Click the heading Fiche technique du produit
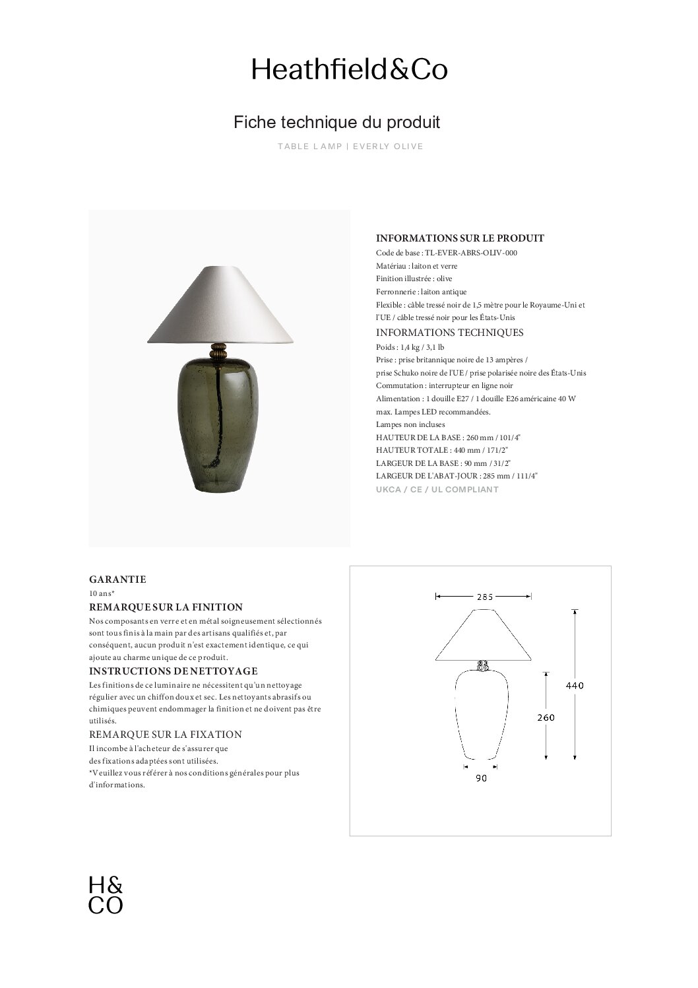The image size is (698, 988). tap(336, 122)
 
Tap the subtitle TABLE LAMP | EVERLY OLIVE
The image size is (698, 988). tap(350, 147)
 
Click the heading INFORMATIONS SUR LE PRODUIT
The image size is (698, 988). tap(460, 238)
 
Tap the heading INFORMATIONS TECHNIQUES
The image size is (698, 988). tap(449, 333)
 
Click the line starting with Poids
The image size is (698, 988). tap(410, 347)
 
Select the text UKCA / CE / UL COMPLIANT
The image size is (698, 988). tap(437, 490)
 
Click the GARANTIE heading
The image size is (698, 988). tap(117, 579)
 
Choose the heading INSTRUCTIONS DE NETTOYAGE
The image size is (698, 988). tap(173, 672)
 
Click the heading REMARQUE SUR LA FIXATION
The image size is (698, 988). tap(165, 735)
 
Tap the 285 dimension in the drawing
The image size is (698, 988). tap(484, 597)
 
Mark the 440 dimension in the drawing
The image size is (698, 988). tap(575, 686)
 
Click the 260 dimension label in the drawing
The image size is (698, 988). tap(545, 717)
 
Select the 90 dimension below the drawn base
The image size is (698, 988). tap(481, 779)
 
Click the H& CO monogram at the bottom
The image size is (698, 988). tap(106, 896)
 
